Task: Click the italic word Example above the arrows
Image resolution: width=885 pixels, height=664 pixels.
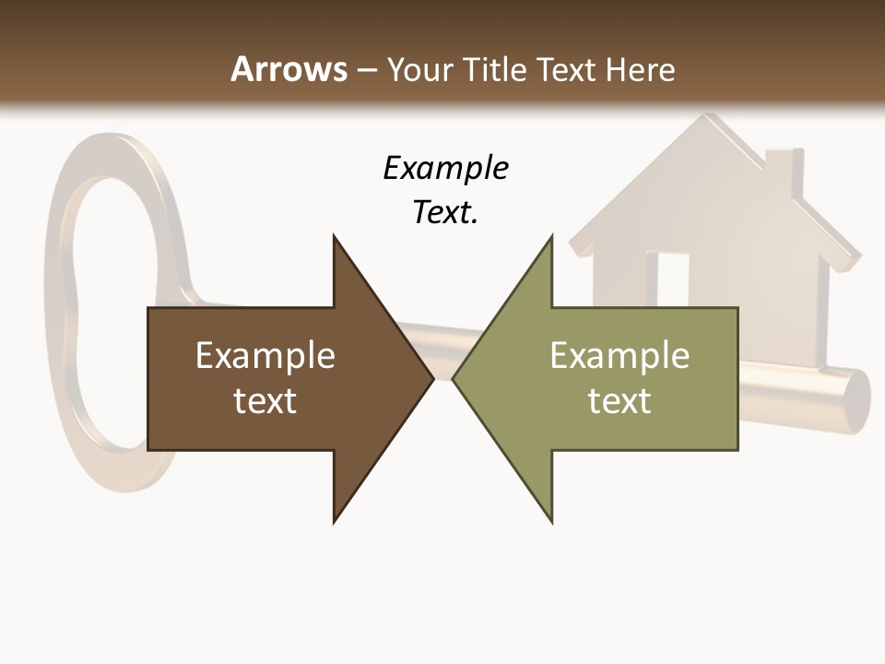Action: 445,169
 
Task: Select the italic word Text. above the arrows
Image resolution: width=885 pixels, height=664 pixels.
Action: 445,213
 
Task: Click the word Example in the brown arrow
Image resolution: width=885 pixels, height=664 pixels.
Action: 265,355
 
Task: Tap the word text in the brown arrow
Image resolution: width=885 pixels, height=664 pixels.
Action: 265,400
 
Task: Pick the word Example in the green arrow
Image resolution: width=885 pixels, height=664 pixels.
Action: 619,355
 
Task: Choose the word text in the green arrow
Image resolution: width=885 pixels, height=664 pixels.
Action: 619,400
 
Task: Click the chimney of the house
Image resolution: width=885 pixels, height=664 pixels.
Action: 780,171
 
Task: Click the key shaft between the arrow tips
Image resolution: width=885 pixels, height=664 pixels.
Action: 442,350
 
